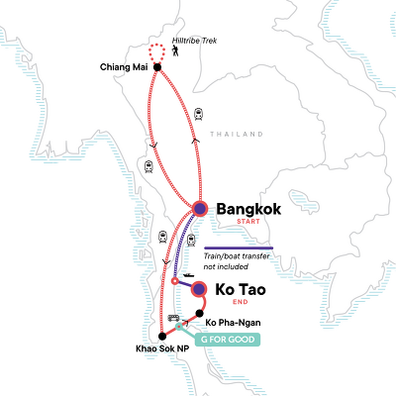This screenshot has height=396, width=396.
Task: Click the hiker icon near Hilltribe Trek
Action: (x=175, y=57)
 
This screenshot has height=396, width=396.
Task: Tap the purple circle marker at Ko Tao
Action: (x=201, y=289)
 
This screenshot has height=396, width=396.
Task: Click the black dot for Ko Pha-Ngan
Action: (x=198, y=314)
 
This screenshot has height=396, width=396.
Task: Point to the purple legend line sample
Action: (x=238, y=247)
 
